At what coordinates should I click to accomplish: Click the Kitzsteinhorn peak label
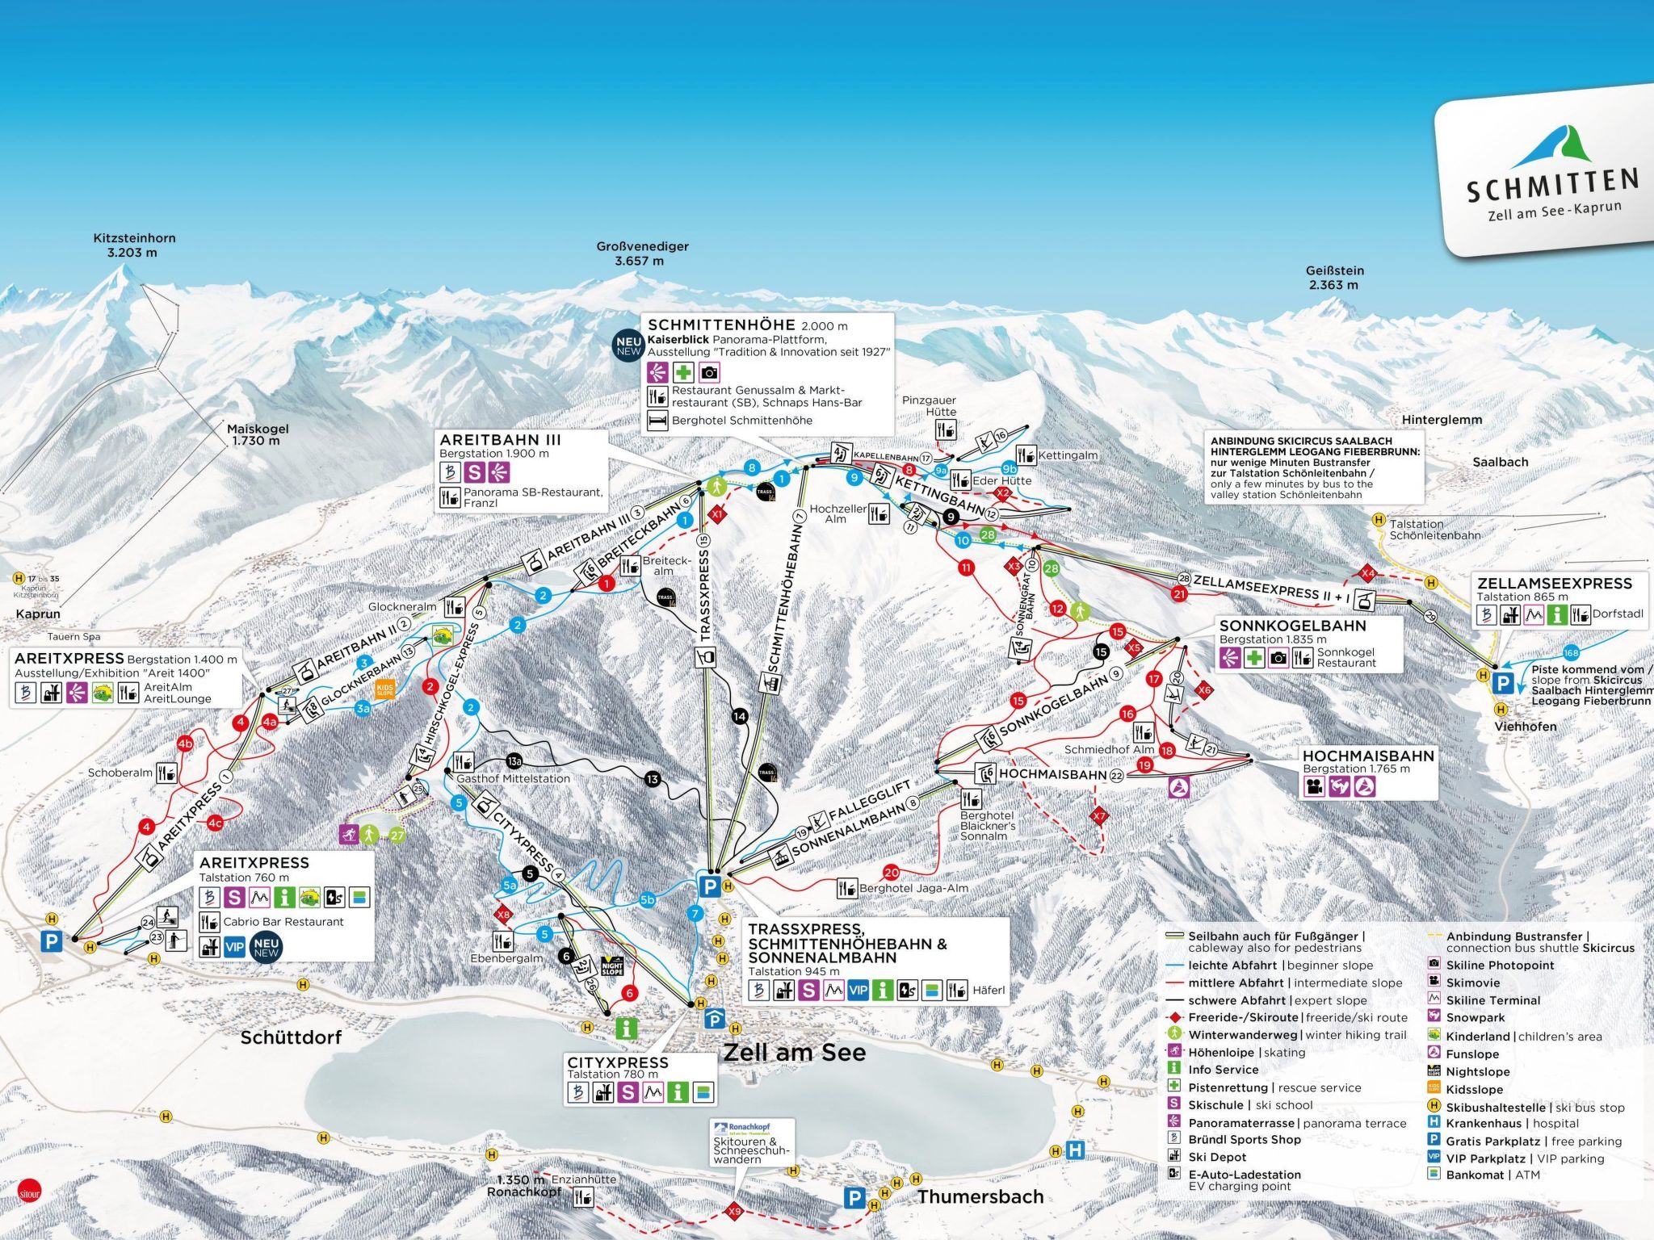(x=134, y=245)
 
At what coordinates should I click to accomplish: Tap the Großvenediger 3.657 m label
(x=642, y=253)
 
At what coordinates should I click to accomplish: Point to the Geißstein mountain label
(x=1334, y=278)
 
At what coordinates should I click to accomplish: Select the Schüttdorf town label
(x=291, y=1037)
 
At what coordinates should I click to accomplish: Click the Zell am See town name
(x=794, y=1053)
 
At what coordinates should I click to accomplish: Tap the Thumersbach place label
(x=980, y=1196)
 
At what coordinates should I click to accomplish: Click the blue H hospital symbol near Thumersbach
(x=1075, y=1149)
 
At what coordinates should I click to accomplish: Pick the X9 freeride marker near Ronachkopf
(x=734, y=1211)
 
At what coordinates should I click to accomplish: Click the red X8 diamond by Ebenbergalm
(x=504, y=915)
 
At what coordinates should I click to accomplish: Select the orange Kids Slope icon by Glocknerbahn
(x=385, y=690)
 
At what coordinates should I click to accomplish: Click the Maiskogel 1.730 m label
(x=257, y=434)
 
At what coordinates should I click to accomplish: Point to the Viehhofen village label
(x=1525, y=727)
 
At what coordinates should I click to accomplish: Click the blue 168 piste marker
(x=1571, y=653)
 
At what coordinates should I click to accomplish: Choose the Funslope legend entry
(x=1471, y=1054)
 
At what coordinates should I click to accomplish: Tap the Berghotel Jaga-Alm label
(x=913, y=888)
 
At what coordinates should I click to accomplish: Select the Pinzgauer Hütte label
(x=929, y=405)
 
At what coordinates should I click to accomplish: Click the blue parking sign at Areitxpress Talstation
(x=52, y=940)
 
